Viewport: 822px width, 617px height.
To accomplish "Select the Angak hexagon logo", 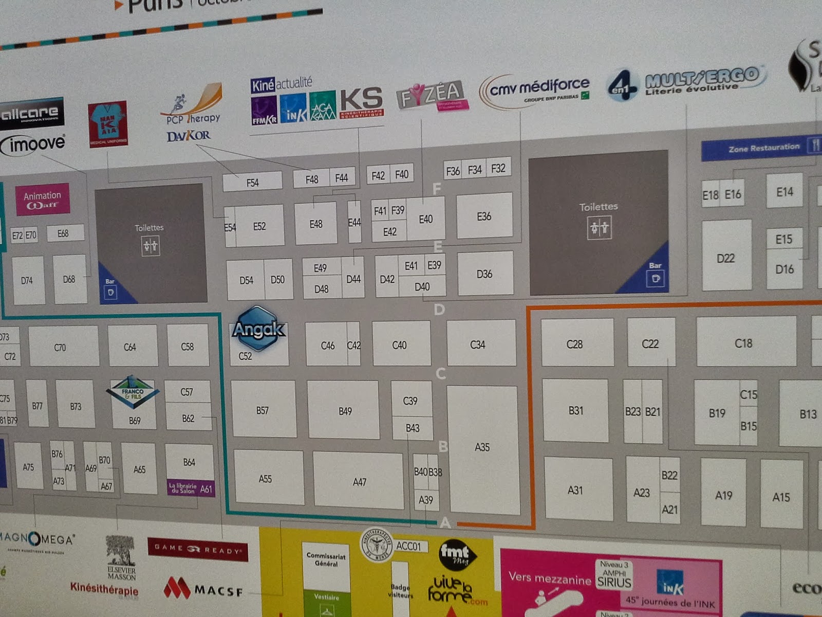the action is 258,329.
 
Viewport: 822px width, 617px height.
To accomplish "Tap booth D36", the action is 485,273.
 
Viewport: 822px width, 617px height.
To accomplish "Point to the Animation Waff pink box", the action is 43,199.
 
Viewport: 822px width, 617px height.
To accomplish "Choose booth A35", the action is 482,447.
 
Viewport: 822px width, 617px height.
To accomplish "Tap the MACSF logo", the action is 203,588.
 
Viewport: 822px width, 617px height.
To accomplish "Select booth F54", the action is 252,182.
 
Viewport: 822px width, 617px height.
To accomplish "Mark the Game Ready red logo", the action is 197,549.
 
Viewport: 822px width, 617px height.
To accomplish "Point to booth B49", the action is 345,410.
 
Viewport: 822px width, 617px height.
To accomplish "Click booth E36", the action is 484,216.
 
